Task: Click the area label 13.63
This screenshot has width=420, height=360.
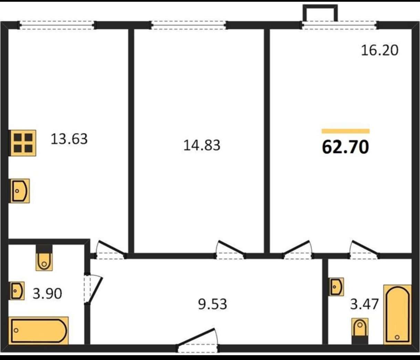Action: pos(69,139)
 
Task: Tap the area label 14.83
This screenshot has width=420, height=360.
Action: pos(202,145)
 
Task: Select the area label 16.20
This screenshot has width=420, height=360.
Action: pos(380,50)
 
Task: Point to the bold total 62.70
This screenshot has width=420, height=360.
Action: pos(345,147)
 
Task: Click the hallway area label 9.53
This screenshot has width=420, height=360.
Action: pos(212,304)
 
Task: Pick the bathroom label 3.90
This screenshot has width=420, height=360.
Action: pos(48,294)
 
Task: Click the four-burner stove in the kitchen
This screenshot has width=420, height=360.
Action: pos(23,143)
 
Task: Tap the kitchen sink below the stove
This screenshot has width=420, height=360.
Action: pos(20,191)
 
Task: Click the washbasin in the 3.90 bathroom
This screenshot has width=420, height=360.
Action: pos(17,291)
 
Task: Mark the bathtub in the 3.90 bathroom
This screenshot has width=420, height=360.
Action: pos(39,330)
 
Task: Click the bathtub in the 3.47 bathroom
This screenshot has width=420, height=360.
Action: pos(397,315)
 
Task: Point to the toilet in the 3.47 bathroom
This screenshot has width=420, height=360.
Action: pos(360,331)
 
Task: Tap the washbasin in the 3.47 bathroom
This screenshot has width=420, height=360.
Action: pos(336,287)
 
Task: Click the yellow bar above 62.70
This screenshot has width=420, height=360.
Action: pos(345,131)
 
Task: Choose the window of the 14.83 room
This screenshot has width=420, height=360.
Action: pos(189,25)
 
